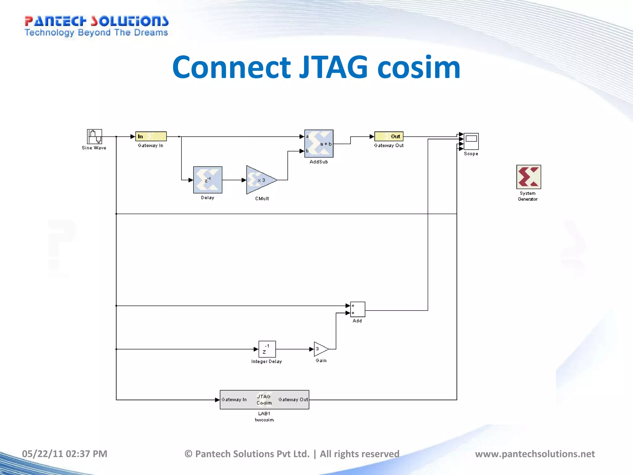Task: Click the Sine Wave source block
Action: [94, 136]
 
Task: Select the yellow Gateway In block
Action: [151, 136]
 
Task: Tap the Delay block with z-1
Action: [208, 180]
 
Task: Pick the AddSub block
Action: [319, 144]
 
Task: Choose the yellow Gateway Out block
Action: [389, 136]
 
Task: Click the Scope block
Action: [471, 141]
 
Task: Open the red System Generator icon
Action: [529, 177]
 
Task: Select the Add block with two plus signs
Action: [358, 309]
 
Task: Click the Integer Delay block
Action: [267, 349]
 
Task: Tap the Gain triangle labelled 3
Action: [321, 349]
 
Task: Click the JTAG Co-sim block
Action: [264, 400]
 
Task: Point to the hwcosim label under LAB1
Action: [264, 420]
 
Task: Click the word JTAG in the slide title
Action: [333, 67]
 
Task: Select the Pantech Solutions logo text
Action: [96, 21]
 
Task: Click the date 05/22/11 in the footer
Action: [42, 454]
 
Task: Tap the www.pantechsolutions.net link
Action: [535, 454]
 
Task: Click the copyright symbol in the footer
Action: [188, 454]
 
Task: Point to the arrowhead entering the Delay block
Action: [191, 180]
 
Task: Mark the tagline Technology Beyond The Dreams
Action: [96, 32]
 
